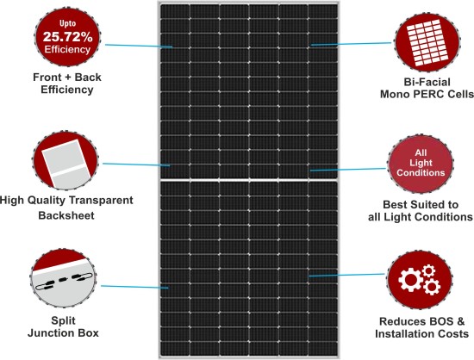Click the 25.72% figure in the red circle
coord(68,37)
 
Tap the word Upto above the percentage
coord(67,23)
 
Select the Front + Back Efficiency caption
coord(67,84)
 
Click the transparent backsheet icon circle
coord(65,161)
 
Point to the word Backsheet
coord(66,215)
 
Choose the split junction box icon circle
coord(63,278)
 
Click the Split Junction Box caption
coord(63,326)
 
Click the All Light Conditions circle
coord(421,164)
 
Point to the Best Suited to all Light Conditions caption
coord(421,211)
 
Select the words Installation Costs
coord(421,334)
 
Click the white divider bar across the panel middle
coord(249,180)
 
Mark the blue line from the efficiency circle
coord(139,46)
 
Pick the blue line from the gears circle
coord(346,275)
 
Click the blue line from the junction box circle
coord(134,287)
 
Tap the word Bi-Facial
coord(427,82)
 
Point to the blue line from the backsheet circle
coord(136,164)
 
